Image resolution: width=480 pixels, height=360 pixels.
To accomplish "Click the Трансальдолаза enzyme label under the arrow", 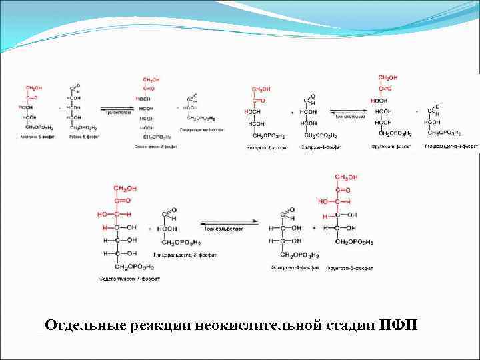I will point(223,228).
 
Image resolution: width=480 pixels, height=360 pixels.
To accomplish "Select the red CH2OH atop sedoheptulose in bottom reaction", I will point(123,188).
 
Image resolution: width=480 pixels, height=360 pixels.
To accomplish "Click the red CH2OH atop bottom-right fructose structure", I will point(346,177).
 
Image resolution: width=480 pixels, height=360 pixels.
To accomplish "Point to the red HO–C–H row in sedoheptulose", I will point(115,215).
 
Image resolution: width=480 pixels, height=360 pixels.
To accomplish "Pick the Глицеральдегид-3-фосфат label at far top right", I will point(451,145).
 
